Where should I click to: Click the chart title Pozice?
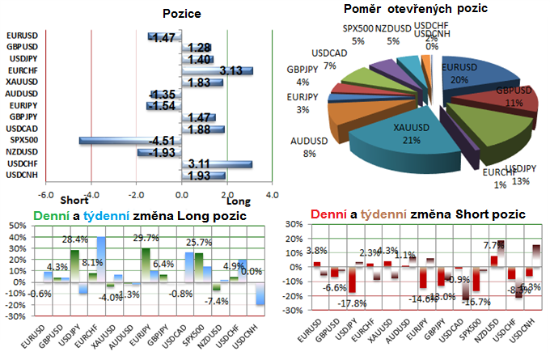[181, 14]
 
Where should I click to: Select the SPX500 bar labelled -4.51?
[130, 141]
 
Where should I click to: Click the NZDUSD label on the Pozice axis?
[21, 152]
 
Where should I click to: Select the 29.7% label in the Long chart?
[144, 238]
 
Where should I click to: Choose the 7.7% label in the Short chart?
[493, 244]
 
